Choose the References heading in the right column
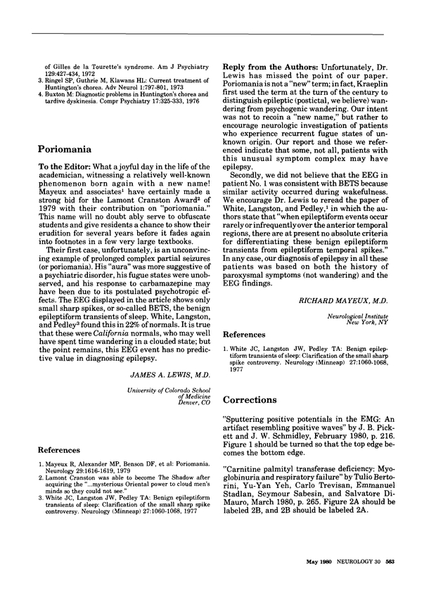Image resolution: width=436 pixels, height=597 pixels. (x=245, y=336)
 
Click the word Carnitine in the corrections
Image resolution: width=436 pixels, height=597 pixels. (x=249, y=473)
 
